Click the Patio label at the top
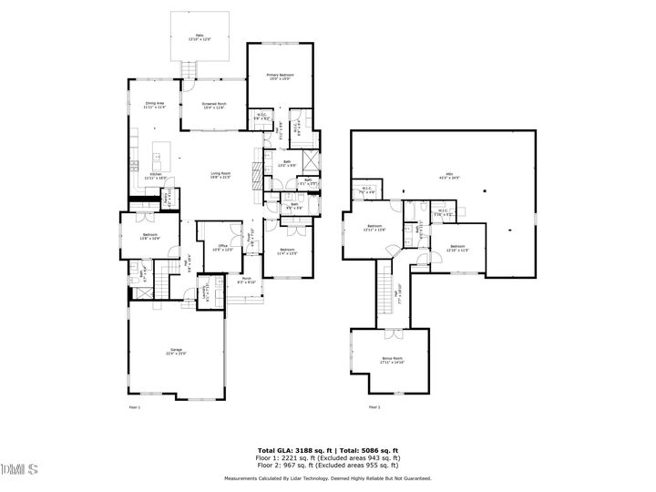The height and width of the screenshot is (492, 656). [x=199, y=37]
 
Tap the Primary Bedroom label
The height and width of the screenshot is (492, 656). [x=279, y=77]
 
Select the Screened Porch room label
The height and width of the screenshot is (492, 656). [x=214, y=106]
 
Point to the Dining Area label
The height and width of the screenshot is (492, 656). [x=155, y=106]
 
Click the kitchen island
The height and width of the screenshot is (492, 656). [x=166, y=152]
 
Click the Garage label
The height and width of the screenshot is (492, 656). [x=177, y=352]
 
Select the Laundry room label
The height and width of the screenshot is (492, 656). [x=190, y=292]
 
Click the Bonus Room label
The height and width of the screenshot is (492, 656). [x=392, y=361]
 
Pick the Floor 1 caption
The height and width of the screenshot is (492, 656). [x=134, y=407]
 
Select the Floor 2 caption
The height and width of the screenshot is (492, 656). [x=374, y=407]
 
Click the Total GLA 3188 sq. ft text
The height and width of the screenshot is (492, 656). [x=295, y=450]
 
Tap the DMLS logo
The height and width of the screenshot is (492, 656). [x=19, y=469]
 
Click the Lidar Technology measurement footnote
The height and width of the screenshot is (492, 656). [x=328, y=477]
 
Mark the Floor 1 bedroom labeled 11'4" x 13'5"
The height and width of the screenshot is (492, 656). [x=288, y=251]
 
